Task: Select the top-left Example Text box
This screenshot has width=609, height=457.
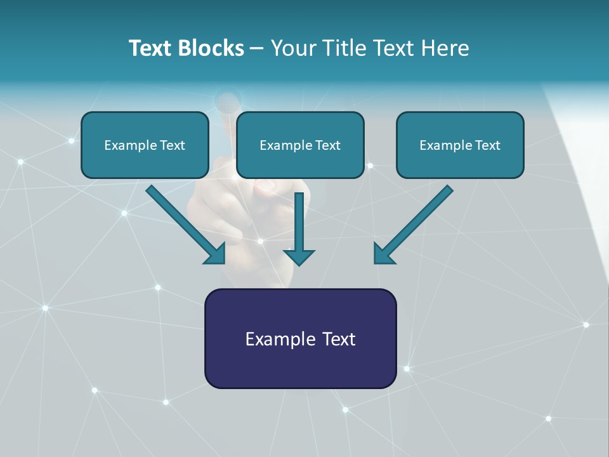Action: [x=145, y=145]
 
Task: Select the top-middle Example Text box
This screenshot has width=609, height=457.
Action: [x=300, y=145]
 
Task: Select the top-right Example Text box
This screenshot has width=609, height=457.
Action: [x=460, y=145]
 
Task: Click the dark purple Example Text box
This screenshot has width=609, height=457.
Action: [x=300, y=339]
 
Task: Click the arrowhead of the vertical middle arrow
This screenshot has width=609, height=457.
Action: [x=299, y=256]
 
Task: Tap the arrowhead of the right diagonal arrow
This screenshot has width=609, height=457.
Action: [x=383, y=254]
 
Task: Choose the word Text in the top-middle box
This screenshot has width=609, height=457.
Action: [x=327, y=145]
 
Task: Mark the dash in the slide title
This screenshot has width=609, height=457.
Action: [x=257, y=49]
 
